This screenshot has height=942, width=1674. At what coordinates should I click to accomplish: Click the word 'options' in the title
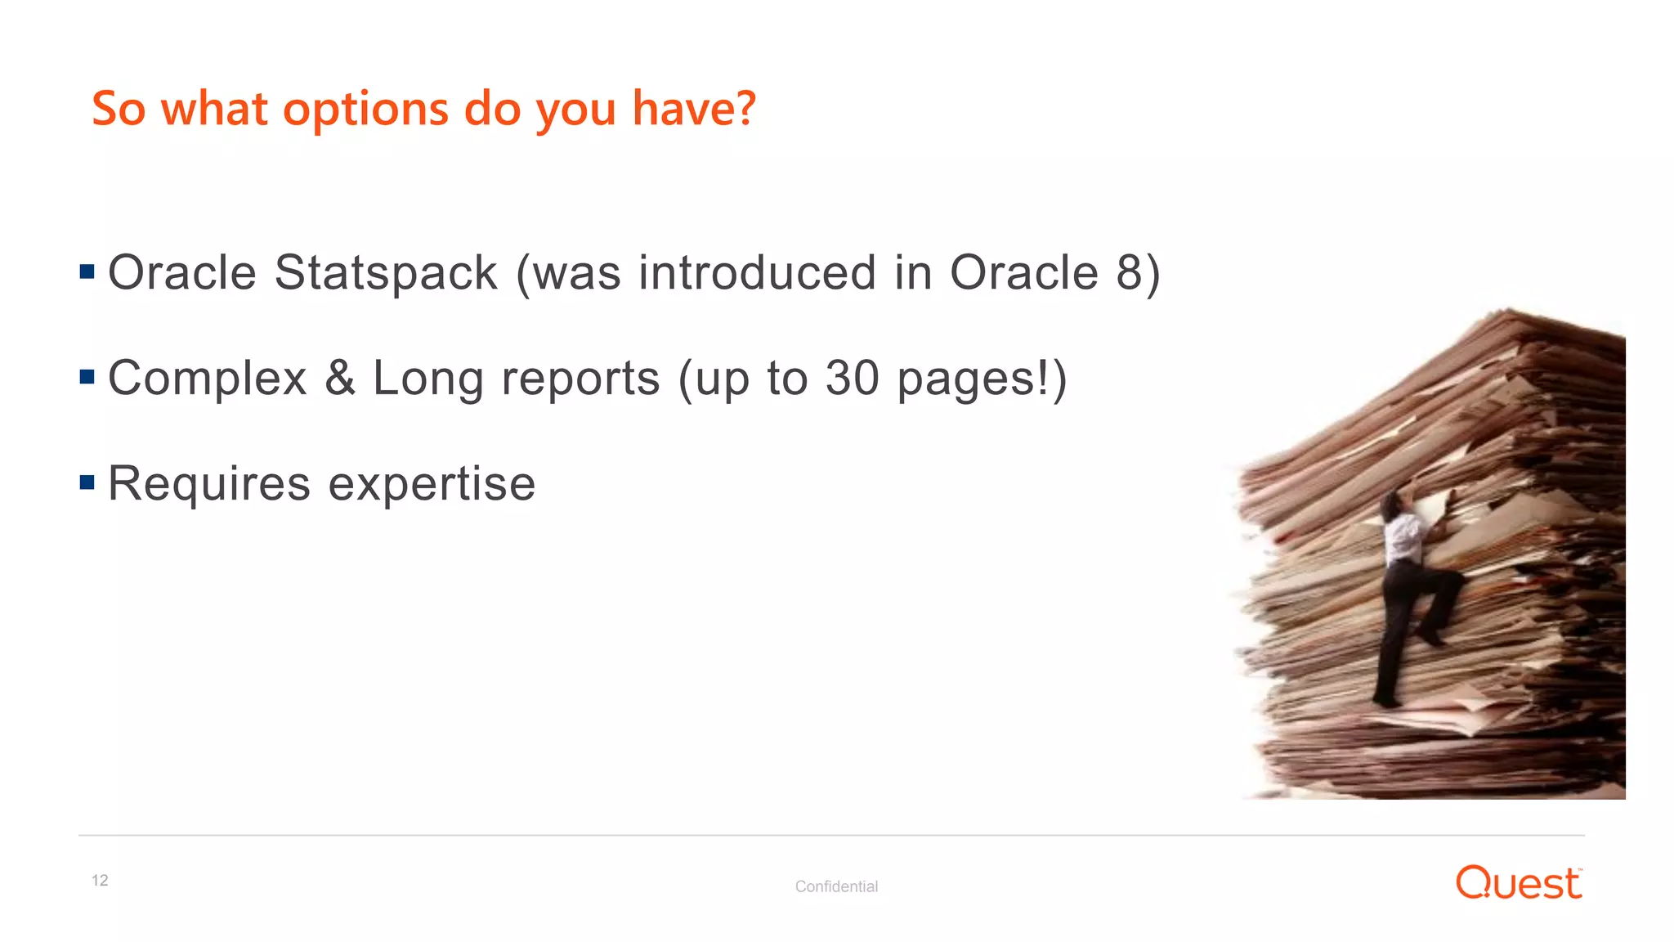point(365,110)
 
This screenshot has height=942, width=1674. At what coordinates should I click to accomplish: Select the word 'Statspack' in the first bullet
point(386,273)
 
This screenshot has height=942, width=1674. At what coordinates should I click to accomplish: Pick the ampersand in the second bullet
point(340,378)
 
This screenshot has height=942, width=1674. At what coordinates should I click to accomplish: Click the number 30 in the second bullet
point(852,378)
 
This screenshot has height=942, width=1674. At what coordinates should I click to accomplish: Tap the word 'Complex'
point(208,379)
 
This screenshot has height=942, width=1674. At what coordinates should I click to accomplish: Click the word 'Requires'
point(209,484)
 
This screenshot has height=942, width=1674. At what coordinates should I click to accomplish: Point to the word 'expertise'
point(432,484)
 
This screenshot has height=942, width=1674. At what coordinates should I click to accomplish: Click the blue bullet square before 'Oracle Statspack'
point(87,271)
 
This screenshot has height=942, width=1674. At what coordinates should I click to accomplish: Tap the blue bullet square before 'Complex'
point(87,377)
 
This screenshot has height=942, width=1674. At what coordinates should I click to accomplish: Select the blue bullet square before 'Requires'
point(87,482)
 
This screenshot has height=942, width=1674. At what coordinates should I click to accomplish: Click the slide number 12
point(100,881)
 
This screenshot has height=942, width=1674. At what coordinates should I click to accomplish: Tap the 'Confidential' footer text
point(836,886)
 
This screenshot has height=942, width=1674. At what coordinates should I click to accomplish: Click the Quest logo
point(1519,883)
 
